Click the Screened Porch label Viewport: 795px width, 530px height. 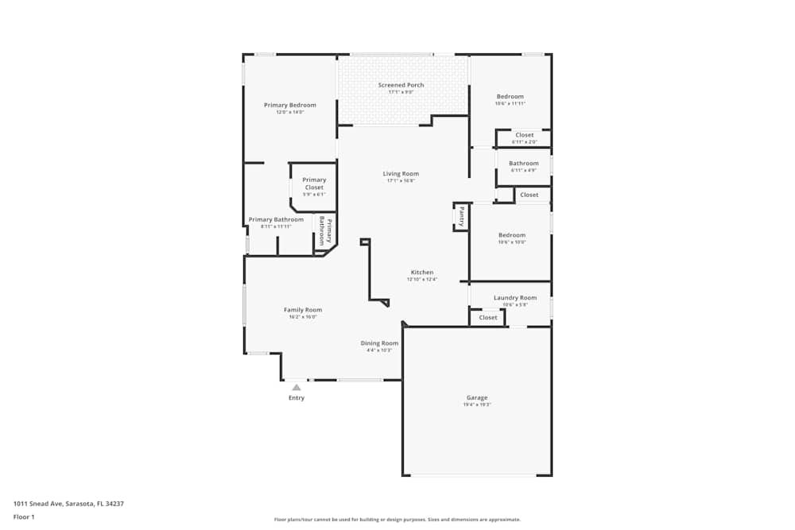[x=401, y=85]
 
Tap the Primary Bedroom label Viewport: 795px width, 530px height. [x=290, y=105]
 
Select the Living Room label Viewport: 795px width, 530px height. [x=401, y=173]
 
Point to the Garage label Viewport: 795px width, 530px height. [x=477, y=397]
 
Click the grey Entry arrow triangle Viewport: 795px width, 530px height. [x=297, y=388]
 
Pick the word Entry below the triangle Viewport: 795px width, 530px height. [x=297, y=398]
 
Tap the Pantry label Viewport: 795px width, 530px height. [x=461, y=216]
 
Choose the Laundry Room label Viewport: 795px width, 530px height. [x=515, y=298]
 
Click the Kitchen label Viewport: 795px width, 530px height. [x=422, y=272]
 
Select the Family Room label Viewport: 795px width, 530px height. [x=303, y=310]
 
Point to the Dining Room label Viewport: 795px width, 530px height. [x=379, y=343]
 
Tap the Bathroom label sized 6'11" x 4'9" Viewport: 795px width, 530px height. [x=524, y=164]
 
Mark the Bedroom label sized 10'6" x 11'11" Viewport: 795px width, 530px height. [x=510, y=97]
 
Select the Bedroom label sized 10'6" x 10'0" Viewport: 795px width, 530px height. [x=512, y=235]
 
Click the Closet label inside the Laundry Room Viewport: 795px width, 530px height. [x=488, y=317]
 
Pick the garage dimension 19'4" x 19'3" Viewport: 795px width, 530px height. [x=477, y=405]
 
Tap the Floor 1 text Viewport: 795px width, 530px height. [x=24, y=516]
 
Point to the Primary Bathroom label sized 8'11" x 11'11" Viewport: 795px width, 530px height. [x=276, y=219]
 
